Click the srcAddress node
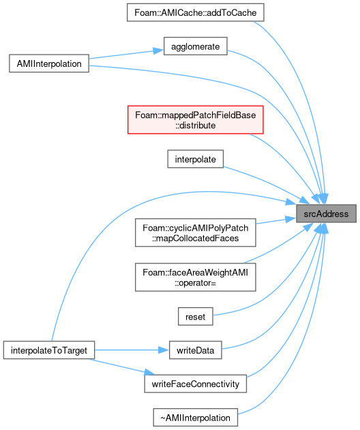click(x=326, y=214)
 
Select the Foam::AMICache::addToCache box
click(x=196, y=12)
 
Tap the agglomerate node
click(x=196, y=46)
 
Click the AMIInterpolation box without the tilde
click(x=49, y=63)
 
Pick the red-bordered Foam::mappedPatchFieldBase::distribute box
click(x=196, y=120)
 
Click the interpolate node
click(x=196, y=159)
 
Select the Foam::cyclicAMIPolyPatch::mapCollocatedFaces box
click(x=196, y=233)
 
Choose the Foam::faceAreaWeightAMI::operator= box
click(x=196, y=277)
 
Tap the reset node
click(x=196, y=317)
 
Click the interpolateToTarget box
click(x=49, y=350)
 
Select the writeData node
click(x=196, y=350)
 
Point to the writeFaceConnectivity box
click(x=196, y=384)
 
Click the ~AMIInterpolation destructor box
click(x=196, y=418)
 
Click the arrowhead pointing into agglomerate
click(x=158, y=51)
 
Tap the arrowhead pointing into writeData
click(x=164, y=350)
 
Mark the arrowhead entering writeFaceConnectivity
click(x=149, y=373)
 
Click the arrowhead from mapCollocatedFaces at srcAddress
click(x=290, y=219)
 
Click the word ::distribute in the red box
click(x=196, y=126)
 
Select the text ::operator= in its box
click(x=196, y=283)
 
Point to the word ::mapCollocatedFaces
click(x=196, y=238)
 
